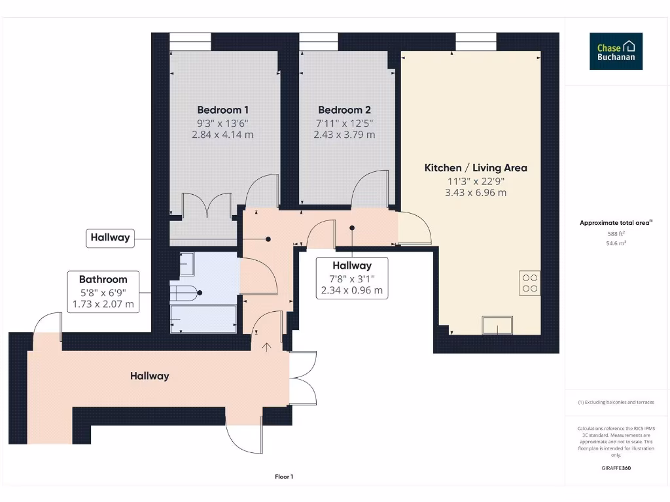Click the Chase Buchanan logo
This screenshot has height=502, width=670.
tap(616, 52)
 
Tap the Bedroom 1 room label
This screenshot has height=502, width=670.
tap(222, 110)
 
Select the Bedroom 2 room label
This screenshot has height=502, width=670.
tap(344, 110)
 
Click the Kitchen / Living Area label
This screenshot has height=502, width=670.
tap(476, 168)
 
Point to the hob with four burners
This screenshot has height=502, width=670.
tap(530, 282)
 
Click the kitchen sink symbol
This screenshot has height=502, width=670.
tap(498, 324)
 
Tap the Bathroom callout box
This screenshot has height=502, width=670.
tap(103, 291)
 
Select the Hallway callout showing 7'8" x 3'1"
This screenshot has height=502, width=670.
tap(352, 278)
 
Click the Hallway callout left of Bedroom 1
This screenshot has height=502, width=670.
tap(110, 238)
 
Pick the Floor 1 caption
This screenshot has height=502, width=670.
tap(284, 477)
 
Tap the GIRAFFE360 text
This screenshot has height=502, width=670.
tap(616, 468)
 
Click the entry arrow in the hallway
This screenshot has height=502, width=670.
tap(267, 346)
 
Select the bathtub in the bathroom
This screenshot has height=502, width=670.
tap(203, 319)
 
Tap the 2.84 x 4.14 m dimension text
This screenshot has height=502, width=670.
tap(222, 135)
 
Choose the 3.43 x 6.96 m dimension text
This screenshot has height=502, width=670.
tap(476, 193)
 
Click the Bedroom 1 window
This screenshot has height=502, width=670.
tap(190, 42)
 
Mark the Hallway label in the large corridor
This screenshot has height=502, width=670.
tap(149, 376)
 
